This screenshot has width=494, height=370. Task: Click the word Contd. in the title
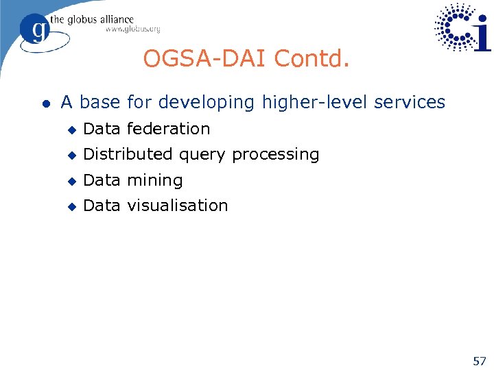click(312, 59)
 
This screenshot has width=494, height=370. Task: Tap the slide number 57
click(479, 360)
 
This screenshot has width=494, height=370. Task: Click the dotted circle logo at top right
click(458, 27)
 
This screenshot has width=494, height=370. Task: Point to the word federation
click(168, 129)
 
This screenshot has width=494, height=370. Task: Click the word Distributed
click(128, 155)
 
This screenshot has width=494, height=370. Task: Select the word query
click(202, 156)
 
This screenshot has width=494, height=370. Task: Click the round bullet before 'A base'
click(45, 103)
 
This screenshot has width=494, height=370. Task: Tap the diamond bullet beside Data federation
click(71, 129)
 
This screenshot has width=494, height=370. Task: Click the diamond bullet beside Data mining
click(71, 182)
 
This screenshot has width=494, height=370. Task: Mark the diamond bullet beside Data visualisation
click(71, 206)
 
